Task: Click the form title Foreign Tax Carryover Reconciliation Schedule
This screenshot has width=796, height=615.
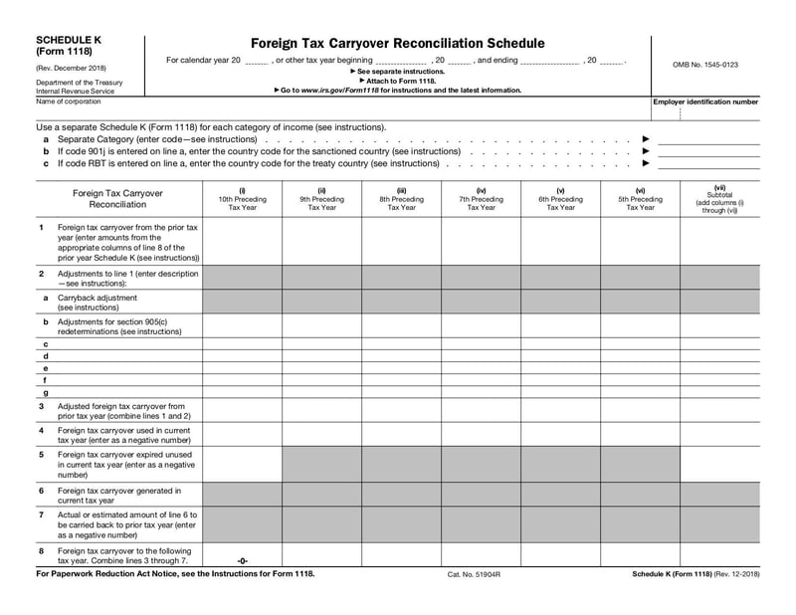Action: point(397,44)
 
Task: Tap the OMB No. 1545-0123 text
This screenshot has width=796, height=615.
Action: point(705,65)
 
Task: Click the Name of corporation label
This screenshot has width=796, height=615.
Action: point(68,101)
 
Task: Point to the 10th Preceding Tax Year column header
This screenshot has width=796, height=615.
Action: point(242,199)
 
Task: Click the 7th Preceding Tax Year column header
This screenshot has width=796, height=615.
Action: point(481,199)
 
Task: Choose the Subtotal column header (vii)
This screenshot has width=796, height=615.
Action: point(719,199)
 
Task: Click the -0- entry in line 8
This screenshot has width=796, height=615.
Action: point(242,560)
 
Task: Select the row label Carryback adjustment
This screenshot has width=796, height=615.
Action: point(98,298)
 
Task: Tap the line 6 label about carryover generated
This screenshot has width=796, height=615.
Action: point(119,496)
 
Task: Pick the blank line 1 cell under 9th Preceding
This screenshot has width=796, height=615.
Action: point(321,242)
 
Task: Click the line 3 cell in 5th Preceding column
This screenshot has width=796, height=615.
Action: point(640,411)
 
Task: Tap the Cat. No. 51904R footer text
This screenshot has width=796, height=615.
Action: point(474,575)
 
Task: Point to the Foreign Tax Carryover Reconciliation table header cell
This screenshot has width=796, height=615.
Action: point(118,198)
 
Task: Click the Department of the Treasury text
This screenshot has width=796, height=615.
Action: point(79,83)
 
